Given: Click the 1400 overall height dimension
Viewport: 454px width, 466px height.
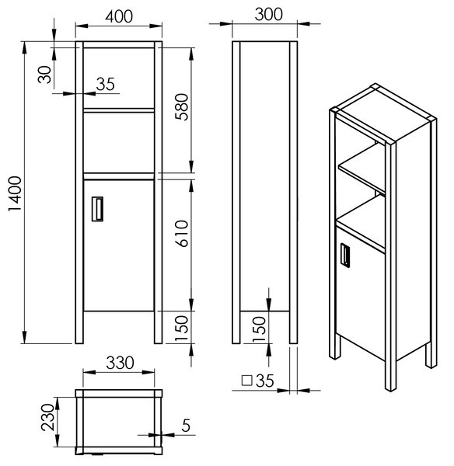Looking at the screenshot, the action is tap(15, 193).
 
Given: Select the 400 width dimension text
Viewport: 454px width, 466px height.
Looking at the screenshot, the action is tap(119, 16).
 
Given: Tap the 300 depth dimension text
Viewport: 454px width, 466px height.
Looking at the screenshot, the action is tap(269, 14).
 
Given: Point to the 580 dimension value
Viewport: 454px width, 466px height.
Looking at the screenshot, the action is tap(182, 106).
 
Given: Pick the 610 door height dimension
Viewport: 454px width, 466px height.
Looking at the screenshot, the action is tap(182, 233).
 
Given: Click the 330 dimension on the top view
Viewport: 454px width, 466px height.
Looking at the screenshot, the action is tap(120, 363).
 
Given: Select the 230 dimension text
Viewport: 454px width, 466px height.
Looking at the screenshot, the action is tap(48, 417).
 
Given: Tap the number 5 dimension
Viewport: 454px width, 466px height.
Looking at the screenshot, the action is tap(186, 426).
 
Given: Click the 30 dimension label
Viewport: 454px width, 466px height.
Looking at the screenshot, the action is tap(44, 75).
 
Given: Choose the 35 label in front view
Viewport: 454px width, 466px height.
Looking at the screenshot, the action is tap(105, 84).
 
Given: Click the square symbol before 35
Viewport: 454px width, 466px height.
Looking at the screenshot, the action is tap(247, 381).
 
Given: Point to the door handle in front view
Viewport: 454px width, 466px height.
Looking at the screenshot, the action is tap(97, 209).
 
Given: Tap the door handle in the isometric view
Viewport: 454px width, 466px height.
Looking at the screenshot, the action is tap(345, 256).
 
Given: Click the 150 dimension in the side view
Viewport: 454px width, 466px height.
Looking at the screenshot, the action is tap(259, 329).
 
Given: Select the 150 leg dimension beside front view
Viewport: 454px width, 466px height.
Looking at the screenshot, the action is tap(182, 328).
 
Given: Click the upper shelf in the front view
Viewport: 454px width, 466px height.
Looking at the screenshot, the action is tap(119, 110).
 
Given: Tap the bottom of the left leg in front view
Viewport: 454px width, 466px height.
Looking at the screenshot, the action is tap(79, 343).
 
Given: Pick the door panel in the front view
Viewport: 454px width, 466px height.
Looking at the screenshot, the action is tap(119, 245).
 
